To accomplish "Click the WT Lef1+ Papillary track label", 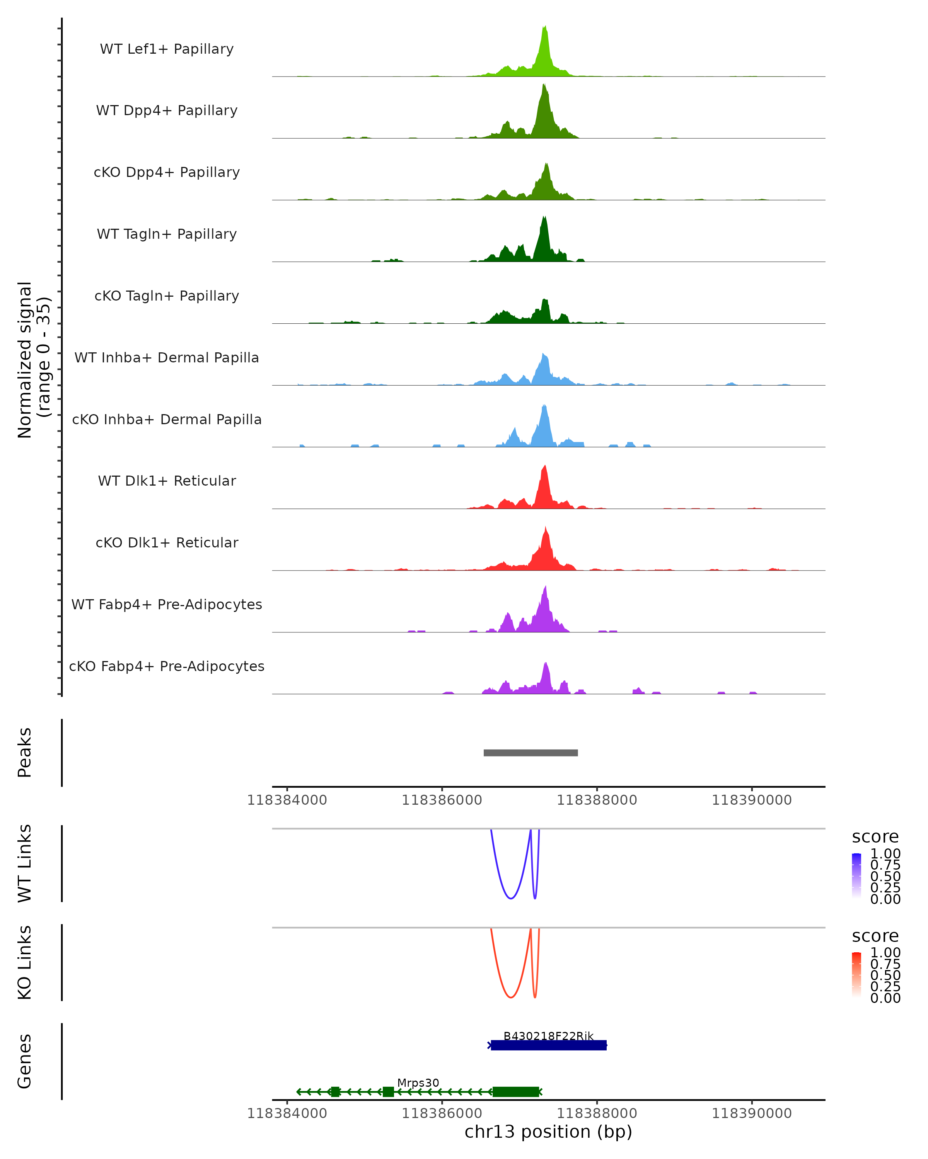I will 167,49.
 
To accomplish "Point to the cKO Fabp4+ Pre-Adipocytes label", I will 167,666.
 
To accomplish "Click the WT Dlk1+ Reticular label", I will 167,481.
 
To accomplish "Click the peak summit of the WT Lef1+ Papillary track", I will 545,26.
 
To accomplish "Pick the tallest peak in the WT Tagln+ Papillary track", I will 544,217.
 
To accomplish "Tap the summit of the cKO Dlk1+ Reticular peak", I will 546,528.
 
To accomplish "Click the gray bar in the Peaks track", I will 531,753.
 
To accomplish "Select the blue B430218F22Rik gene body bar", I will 549,1045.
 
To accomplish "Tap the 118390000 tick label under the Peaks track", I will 752,800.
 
